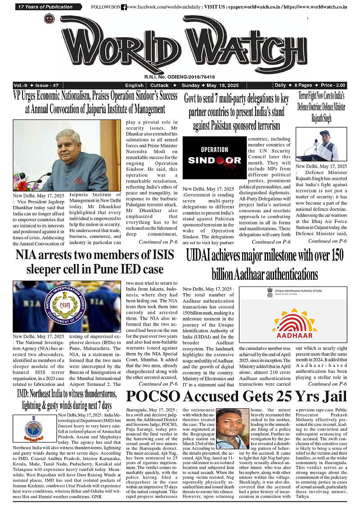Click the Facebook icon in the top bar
[x=124, y=7]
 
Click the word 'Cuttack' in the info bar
[x=160, y=85]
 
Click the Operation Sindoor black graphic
[x=215, y=157]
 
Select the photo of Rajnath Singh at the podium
[x=321, y=145]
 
